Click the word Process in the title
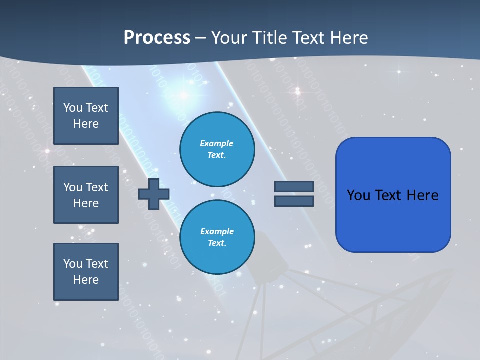click(x=157, y=38)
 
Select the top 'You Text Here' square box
click(x=86, y=116)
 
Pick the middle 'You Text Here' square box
click(x=86, y=195)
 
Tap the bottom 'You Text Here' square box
click(x=86, y=272)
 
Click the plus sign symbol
click(x=154, y=193)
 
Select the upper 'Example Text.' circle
click(x=217, y=149)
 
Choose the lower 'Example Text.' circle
click(x=217, y=237)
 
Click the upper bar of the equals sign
click(x=294, y=186)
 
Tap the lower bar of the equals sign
click(x=294, y=201)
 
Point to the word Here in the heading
click(x=349, y=38)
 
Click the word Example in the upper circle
click(x=217, y=144)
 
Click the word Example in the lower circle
click(x=217, y=232)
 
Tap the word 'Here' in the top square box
click(x=86, y=124)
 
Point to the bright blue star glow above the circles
click(x=183, y=95)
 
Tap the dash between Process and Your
click(x=201, y=38)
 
